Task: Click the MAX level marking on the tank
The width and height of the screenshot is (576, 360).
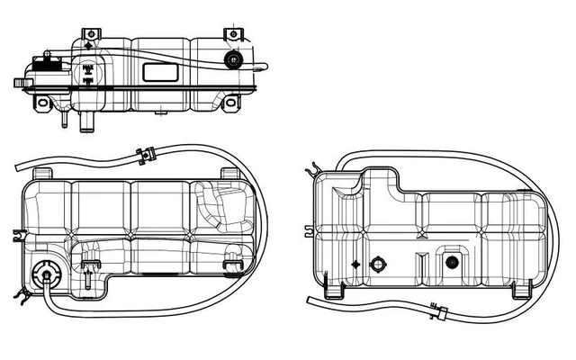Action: tap(87, 67)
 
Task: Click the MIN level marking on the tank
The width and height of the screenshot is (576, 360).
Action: tap(87, 81)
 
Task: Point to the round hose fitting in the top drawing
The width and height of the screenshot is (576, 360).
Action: tap(234, 61)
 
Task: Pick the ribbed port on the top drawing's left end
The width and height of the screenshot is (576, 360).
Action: tap(22, 83)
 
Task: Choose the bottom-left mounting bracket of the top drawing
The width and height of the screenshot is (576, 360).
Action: tap(43, 104)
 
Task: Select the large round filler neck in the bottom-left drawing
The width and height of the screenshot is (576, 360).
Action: tap(42, 275)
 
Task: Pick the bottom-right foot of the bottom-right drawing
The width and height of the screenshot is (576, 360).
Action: tap(521, 292)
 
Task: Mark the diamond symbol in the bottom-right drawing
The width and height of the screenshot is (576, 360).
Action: tap(356, 265)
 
